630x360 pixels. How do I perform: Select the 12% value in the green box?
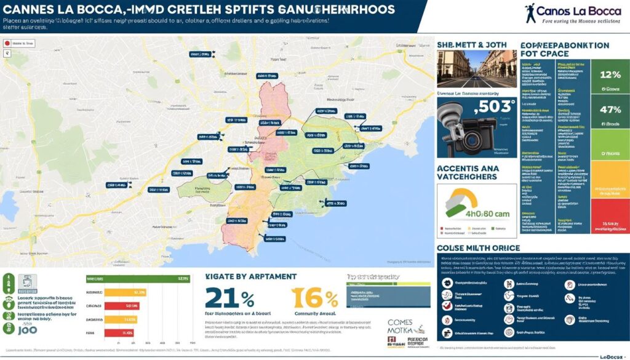click(x=610, y=75)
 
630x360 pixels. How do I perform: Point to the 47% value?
click(x=610, y=110)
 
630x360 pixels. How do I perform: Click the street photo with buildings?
click(x=476, y=69)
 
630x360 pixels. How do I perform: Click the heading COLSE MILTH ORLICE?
click(x=478, y=247)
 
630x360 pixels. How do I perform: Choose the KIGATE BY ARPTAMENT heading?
click(x=251, y=277)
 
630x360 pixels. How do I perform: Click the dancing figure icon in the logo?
click(x=530, y=12)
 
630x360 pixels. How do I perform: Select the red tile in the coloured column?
click(x=610, y=215)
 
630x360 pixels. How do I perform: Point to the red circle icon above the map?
click(x=7, y=44)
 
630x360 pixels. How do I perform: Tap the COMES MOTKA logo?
click(x=403, y=332)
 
